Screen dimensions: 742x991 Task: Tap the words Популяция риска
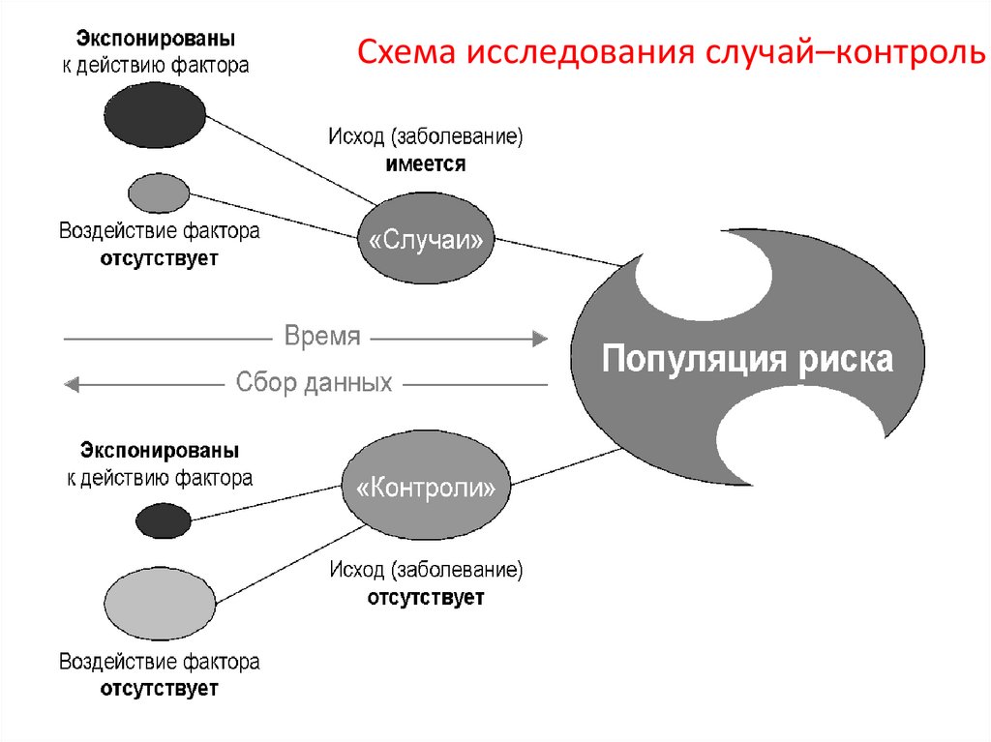747,359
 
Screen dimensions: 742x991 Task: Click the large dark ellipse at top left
155,114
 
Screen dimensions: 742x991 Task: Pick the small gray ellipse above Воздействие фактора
159,193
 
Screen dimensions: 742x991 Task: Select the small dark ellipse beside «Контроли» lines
164,520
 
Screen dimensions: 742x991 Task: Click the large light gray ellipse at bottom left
161,600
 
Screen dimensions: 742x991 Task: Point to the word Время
322,338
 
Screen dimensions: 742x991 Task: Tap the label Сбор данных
314,382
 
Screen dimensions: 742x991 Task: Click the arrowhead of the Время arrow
540,339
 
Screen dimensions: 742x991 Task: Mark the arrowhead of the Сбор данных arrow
72,384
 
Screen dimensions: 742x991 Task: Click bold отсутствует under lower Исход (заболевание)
425,598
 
